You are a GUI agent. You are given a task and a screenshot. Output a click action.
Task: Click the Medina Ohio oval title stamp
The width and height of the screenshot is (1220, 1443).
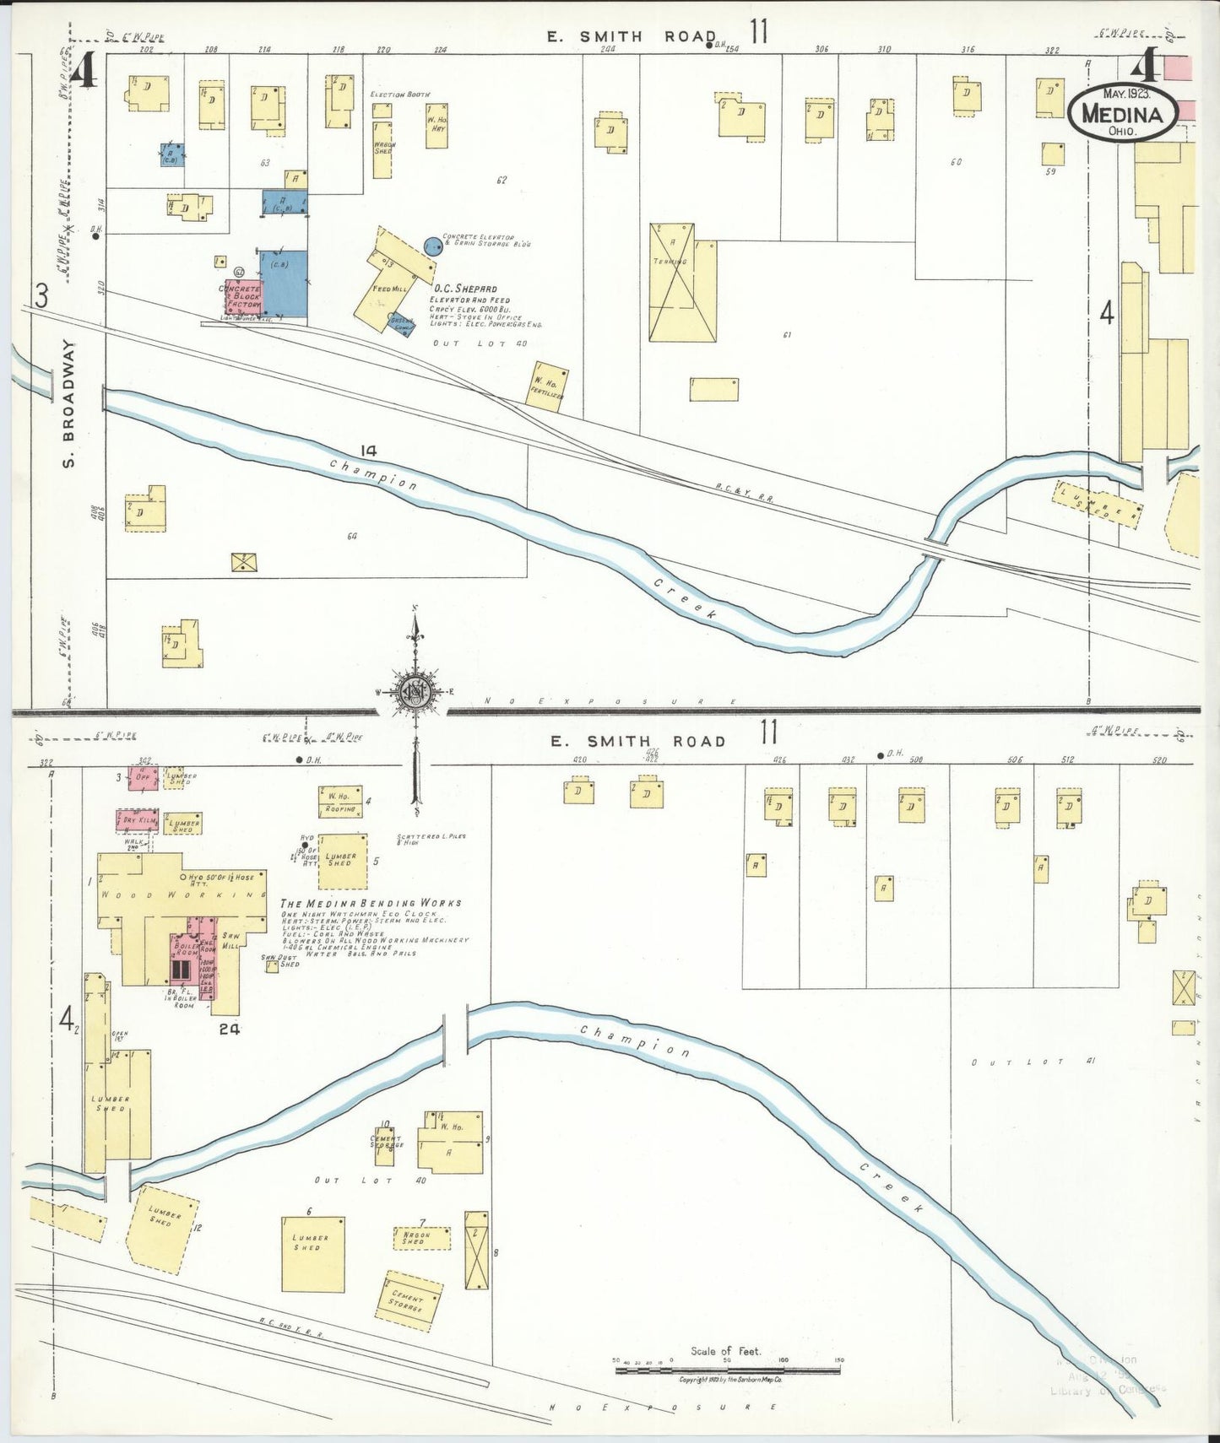(1122, 112)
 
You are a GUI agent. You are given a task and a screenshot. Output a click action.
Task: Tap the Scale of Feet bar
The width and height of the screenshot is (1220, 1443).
(727, 1370)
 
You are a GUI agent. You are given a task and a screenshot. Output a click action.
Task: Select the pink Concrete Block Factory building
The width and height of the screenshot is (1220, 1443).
(241, 297)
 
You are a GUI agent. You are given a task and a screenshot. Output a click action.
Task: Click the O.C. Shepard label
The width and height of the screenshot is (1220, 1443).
(464, 289)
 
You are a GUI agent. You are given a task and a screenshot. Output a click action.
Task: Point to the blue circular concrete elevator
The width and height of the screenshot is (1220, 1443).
(432, 246)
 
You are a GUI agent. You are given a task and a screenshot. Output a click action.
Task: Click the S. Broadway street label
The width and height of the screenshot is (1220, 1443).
(68, 403)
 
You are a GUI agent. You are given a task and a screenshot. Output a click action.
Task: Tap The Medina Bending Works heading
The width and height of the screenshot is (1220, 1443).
(371, 903)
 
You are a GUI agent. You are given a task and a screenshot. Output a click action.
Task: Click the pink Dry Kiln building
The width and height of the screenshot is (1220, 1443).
(137, 820)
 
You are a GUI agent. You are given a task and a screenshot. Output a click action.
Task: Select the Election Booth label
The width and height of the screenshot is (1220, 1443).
(399, 95)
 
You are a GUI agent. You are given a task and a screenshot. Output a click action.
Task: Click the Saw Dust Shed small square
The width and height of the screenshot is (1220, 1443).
(272, 966)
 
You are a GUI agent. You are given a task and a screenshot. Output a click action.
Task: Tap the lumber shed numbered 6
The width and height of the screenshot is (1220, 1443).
(312, 1254)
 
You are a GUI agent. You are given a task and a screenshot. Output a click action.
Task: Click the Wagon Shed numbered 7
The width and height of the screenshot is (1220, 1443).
(420, 1239)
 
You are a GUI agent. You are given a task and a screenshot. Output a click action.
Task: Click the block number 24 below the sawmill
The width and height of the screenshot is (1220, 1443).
(229, 1029)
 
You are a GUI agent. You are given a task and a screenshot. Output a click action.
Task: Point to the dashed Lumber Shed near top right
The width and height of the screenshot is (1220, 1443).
(1098, 505)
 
